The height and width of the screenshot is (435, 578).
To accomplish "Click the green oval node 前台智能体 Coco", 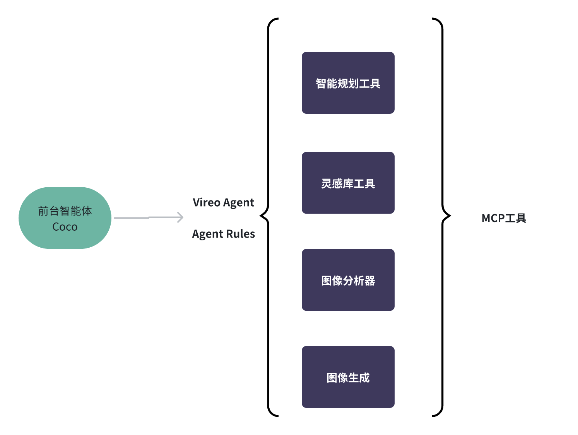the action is coord(65,218).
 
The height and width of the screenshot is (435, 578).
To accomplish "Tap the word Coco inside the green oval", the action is coord(65,227).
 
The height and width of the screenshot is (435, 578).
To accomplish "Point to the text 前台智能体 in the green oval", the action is coord(65,211).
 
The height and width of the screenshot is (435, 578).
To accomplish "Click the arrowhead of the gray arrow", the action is coord(181,217).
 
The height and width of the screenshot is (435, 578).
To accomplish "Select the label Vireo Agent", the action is coord(223,202).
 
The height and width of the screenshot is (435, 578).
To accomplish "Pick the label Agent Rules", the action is coord(223,234).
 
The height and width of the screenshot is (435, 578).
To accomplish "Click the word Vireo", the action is coord(207,202).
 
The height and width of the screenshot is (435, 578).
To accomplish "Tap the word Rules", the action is coord(240,234).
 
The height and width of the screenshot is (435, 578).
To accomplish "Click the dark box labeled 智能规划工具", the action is coord(348,83).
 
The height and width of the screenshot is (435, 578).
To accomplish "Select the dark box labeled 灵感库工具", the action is coord(348,183).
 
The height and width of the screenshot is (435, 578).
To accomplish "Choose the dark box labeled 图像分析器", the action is coord(348,280).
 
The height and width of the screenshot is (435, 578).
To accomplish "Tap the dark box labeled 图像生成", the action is coord(348,377).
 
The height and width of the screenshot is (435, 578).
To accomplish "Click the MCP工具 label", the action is coord(504,218).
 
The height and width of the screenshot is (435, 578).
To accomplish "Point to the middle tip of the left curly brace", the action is coord(260,216).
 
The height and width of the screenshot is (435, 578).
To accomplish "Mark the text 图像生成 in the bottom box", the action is coord(348,378).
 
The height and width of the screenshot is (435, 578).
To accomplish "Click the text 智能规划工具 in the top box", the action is coord(348,84).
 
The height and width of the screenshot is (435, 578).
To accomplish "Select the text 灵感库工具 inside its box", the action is coord(348,183).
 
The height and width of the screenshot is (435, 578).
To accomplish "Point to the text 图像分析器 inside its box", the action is coord(348,281).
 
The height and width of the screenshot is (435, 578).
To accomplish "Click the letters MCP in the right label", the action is coord(493,218).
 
